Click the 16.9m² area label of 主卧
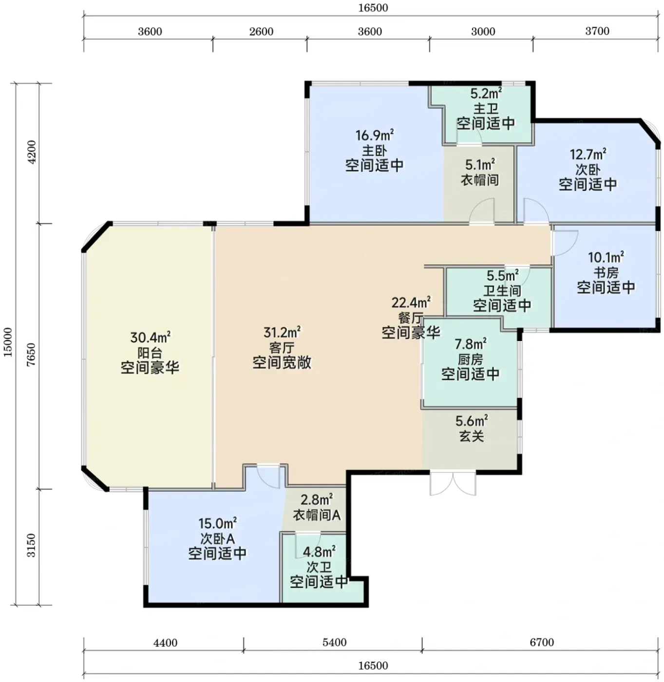(x=375, y=135)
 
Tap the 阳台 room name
(x=150, y=353)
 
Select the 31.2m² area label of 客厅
(x=282, y=332)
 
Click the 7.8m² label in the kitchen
(x=470, y=344)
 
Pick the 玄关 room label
(x=472, y=436)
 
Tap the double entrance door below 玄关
(x=453, y=484)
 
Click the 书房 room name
(x=606, y=272)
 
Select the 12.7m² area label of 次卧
(x=588, y=154)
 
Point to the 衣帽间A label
(x=317, y=515)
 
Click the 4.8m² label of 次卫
(x=319, y=552)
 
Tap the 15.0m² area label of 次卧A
(x=217, y=524)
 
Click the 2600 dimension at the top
(x=262, y=32)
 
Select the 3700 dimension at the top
(x=597, y=31)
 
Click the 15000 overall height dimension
(x=8, y=342)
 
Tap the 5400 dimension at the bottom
(x=335, y=643)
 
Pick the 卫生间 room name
(x=502, y=290)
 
